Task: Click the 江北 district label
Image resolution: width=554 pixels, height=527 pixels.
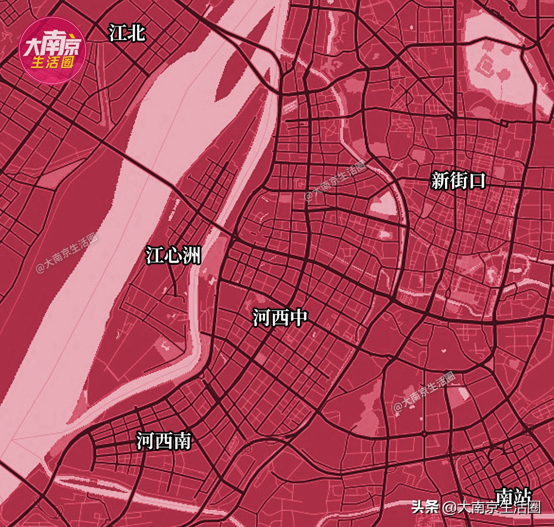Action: (x=127, y=33)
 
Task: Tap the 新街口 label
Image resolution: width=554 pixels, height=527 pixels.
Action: (x=458, y=180)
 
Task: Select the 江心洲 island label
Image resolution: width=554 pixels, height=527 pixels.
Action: (x=173, y=255)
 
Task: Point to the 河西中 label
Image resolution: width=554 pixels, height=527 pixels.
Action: (x=280, y=317)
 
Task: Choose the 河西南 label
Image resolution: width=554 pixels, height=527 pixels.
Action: (x=163, y=441)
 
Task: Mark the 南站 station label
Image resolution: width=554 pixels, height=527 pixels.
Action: (x=513, y=496)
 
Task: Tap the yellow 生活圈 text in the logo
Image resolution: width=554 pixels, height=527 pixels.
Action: (x=53, y=62)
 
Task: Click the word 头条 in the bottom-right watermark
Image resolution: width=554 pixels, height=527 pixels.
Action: (x=425, y=507)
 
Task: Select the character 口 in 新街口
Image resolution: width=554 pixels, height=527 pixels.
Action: (x=477, y=180)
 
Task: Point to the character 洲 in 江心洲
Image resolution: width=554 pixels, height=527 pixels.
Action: (x=192, y=255)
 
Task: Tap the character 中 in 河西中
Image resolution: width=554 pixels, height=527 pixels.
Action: (x=298, y=317)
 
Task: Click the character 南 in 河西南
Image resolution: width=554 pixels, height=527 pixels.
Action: (x=182, y=441)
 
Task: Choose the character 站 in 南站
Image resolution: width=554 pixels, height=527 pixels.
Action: (x=522, y=496)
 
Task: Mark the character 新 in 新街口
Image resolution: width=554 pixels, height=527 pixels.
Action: (x=440, y=180)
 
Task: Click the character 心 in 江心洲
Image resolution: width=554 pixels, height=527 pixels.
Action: (x=173, y=255)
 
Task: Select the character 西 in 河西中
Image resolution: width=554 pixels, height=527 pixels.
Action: (x=280, y=317)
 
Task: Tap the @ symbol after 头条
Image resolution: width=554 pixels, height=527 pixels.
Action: (x=448, y=508)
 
